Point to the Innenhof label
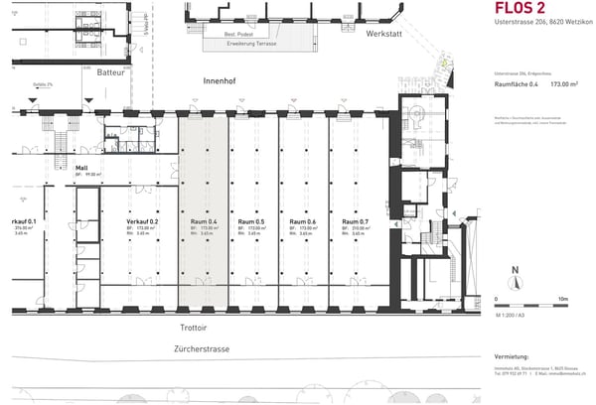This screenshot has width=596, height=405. [219, 78]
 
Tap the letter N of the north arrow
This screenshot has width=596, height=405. [514, 270]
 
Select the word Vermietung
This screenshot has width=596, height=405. [513, 356]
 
